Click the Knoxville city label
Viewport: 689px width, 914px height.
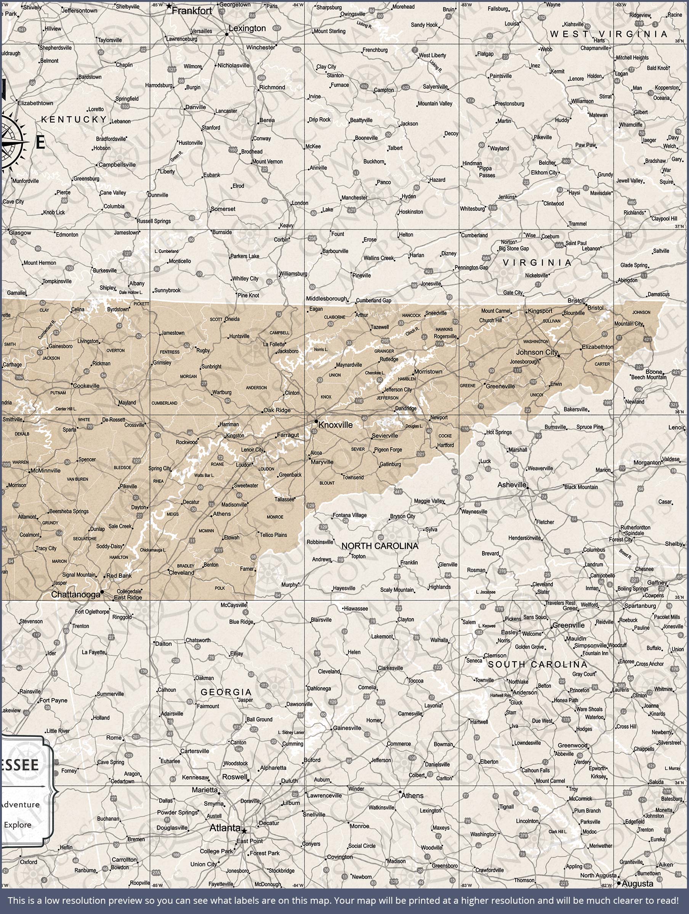click(335, 425)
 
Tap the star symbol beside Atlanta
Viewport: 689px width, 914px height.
click(244, 831)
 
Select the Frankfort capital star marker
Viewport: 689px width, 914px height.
click(169, 6)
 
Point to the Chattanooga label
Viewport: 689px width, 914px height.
click(76, 594)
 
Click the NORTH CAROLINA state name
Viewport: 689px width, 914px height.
click(380, 546)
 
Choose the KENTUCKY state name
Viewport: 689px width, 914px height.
click(74, 120)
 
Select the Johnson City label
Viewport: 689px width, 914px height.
click(537, 352)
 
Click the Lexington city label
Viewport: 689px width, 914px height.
click(247, 28)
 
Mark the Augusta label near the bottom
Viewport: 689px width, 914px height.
click(637, 884)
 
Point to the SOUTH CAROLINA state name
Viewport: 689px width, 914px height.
click(537, 665)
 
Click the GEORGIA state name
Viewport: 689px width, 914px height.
click(226, 692)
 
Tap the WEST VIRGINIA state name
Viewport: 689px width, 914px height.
click(608, 34)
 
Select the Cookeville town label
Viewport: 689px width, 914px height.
click(86, 385)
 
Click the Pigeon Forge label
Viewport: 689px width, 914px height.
click(388, 449)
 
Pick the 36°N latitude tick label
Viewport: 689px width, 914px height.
click(679, 412)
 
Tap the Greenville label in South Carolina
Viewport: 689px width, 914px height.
click(569, 625)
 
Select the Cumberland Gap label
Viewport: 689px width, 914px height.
click(373, 300)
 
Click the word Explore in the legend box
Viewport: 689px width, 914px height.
click(18, 825)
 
